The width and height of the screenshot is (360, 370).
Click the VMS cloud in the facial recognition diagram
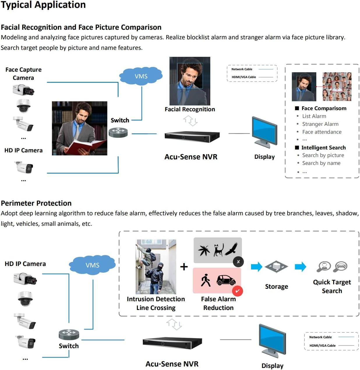141,76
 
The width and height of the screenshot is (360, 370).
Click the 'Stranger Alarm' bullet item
320,124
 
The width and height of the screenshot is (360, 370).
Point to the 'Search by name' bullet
321,163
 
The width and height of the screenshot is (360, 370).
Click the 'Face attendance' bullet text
322,132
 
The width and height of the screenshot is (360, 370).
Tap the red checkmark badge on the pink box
237,291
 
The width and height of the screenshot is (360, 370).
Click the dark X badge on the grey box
238,262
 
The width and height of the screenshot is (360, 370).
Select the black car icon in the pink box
226,280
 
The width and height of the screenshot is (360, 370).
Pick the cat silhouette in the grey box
218,250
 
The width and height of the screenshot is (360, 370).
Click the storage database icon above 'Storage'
276,266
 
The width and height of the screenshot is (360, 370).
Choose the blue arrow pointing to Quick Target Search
300,267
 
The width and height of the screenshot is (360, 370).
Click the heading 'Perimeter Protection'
36,203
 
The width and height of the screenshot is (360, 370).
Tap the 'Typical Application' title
43,5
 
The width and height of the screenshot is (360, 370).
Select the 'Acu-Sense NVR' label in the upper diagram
191,157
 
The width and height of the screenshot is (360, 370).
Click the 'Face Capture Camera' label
23,74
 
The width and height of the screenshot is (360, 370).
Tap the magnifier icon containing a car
340,266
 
